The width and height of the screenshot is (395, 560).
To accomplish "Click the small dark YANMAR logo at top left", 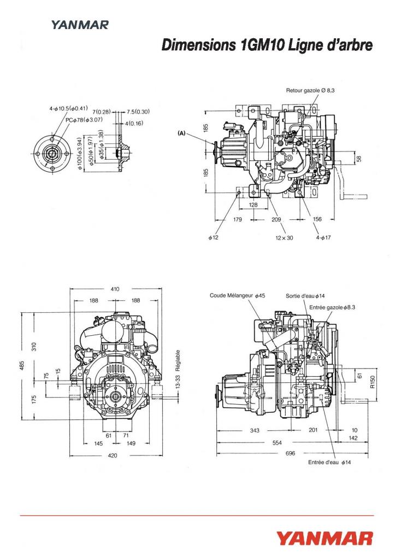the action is (x=80, y=25).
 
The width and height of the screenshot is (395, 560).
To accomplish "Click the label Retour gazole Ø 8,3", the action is (x=310, y=90).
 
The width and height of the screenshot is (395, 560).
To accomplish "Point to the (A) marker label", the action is (x=181, y=133).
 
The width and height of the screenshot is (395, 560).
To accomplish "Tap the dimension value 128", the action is (x=253, y=205).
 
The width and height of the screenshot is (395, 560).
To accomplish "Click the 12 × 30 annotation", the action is (x=284, y=237).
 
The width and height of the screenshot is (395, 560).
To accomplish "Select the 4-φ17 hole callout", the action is (x=323, y=237).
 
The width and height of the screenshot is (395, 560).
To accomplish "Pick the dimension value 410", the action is (x=115, y=289).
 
